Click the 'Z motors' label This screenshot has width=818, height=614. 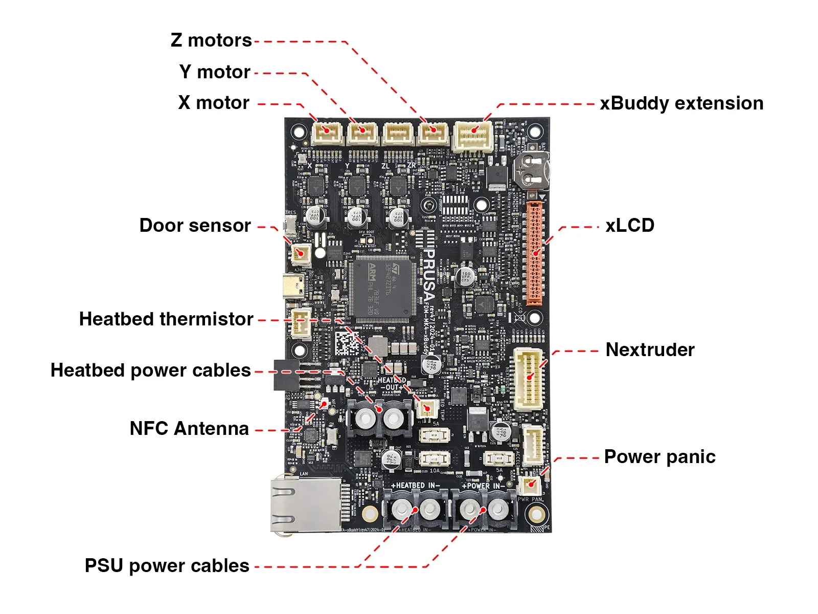click(211, 40)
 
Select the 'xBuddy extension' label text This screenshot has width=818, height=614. click(681, 103)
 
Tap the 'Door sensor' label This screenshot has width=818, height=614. click(195, 226)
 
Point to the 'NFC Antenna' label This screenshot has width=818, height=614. click(189, 429)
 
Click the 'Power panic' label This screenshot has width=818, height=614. click(660, 457)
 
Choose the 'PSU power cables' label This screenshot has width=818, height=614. click(167, 566)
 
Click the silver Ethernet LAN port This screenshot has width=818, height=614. click(306, 505)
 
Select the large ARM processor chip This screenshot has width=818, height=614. click(381, 289)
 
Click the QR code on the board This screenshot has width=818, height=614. click(348, 344)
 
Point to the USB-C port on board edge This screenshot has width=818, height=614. click(293, 286)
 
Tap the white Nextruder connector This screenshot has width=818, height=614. click(529, 378)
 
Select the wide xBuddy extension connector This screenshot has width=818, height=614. click(473, 135)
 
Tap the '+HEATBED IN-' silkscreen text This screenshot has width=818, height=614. click(415, 485)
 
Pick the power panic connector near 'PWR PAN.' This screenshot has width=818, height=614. click(530, 484)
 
